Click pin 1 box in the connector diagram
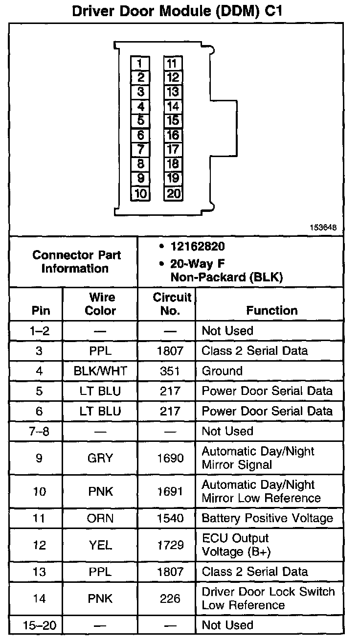[140, 63]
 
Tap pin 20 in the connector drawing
[173, 193]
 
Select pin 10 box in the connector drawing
[140, 193]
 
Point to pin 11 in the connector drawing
[173, 63]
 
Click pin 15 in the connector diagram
[173, 120]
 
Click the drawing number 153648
[322, 228]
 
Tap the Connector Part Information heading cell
[76, 262]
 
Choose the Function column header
[271, 310]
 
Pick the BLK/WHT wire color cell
[100, 371]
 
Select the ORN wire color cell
[100, 518]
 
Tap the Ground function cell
[222, 371]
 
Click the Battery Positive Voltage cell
[267, 518]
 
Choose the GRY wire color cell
[100, 458]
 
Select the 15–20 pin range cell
[39, 625]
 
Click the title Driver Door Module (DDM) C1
[177, 11]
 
